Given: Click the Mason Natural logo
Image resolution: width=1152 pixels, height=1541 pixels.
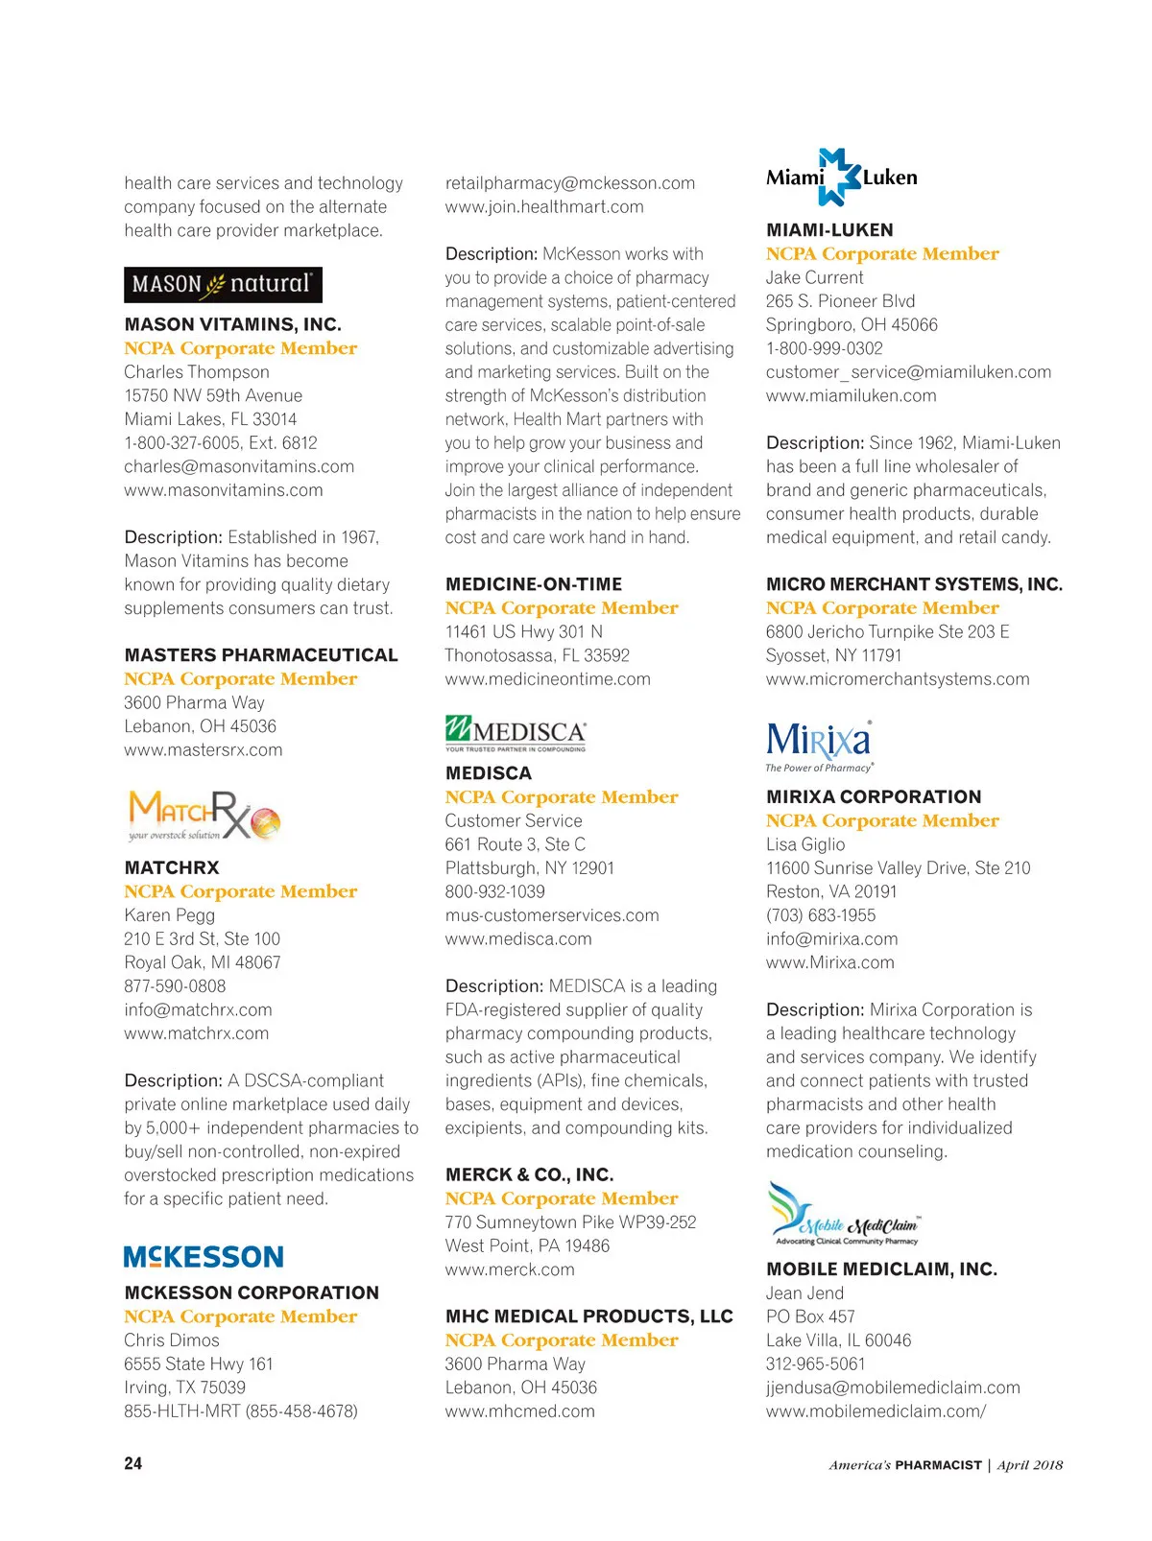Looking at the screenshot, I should [223, 285].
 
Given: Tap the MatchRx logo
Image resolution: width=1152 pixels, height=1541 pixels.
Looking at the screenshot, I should [204, 816].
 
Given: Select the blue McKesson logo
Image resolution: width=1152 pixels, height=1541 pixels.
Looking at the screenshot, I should [204, 1257].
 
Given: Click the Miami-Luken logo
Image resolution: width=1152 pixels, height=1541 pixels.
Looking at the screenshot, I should [841, 178].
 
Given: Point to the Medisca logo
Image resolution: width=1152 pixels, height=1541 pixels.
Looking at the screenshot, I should [516, 735].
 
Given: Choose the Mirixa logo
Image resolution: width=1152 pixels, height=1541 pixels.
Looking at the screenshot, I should [819, 746].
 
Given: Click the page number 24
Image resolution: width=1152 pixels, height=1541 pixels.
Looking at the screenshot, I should [133, 1463].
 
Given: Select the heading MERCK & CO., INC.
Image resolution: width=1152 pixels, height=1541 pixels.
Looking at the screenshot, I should [529, 1174].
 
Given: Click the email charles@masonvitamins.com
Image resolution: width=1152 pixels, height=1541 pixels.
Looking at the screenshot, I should [239, 466].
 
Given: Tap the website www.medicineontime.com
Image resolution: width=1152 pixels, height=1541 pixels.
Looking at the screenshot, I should [547, 679].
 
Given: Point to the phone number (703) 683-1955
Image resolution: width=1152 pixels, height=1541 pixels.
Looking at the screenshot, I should [821, 915].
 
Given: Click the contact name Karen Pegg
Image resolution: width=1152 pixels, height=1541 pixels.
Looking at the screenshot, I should [169, 915].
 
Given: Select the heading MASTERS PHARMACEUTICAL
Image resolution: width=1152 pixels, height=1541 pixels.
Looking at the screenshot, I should [261, 655].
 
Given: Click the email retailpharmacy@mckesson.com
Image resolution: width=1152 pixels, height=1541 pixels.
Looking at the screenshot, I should [570, 183].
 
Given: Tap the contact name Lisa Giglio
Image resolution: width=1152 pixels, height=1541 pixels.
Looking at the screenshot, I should [805, 844].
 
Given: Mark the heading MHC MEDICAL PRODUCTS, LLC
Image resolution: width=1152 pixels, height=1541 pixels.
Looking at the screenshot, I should [588, 1316].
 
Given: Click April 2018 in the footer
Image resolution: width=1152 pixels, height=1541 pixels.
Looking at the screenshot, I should [1030, 1465].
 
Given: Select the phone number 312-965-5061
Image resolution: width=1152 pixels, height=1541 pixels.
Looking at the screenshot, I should [815, 1363].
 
